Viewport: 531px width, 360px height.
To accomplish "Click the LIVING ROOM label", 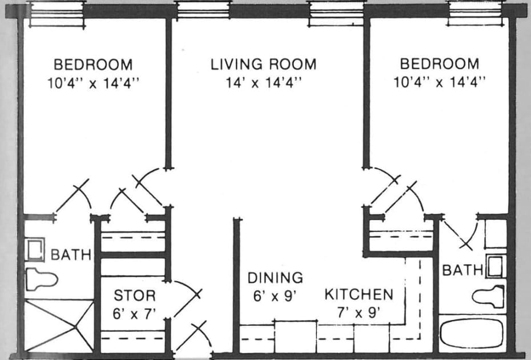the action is pos(263,65).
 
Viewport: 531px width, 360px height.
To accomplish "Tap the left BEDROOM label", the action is pos(93,65).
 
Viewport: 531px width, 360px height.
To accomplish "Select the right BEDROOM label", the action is pos(440,64).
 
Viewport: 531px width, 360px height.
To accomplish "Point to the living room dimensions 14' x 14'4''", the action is pos(263,82).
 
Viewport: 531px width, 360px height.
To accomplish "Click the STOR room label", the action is pos(135,295).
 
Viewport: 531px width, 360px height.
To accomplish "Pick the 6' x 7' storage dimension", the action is pos(134,314).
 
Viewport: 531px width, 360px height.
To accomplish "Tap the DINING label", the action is pos(275,278).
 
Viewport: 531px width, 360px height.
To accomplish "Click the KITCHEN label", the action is pos(359,295).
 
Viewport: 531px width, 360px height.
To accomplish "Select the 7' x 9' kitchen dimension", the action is pos(359,312).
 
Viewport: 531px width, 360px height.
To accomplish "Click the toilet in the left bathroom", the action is pos(41,279).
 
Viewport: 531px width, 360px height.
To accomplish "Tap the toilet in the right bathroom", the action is pos(488,297).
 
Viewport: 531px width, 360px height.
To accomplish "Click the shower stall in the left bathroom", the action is pos(59,325).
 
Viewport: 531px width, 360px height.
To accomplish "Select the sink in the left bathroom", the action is pos(34,250).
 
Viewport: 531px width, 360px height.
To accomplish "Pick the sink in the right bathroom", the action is pos(496,266).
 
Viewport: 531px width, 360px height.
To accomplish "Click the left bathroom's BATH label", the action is pos(71,255).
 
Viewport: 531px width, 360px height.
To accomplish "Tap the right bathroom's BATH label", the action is pos(462,270).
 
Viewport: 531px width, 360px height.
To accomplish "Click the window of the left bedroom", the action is pos(56,14).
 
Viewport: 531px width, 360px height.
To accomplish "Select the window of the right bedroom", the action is pos(476,14).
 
